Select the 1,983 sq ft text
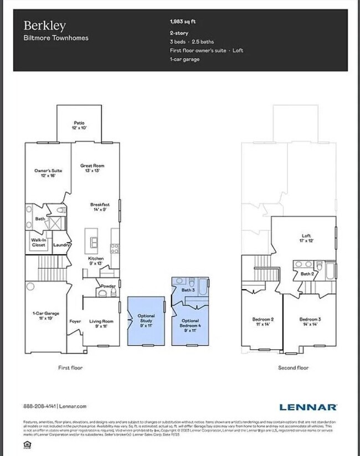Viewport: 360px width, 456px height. point(182,22)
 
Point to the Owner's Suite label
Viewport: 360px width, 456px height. point(48,173)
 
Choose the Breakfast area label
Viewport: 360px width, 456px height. point(100,207)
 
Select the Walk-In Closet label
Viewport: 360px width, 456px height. point(39,242)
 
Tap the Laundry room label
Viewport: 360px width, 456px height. point(60,244)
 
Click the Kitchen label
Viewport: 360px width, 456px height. point(96,261)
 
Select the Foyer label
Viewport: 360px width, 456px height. point(75,321)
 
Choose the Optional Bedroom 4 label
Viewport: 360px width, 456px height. point(190,323)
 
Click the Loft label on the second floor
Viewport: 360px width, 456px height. point(306,238)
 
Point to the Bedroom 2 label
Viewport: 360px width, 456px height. point(263,322)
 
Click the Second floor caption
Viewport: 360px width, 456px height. point(293,367)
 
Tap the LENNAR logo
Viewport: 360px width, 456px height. point(308,407)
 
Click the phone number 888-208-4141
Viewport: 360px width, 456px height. point(40,407)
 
